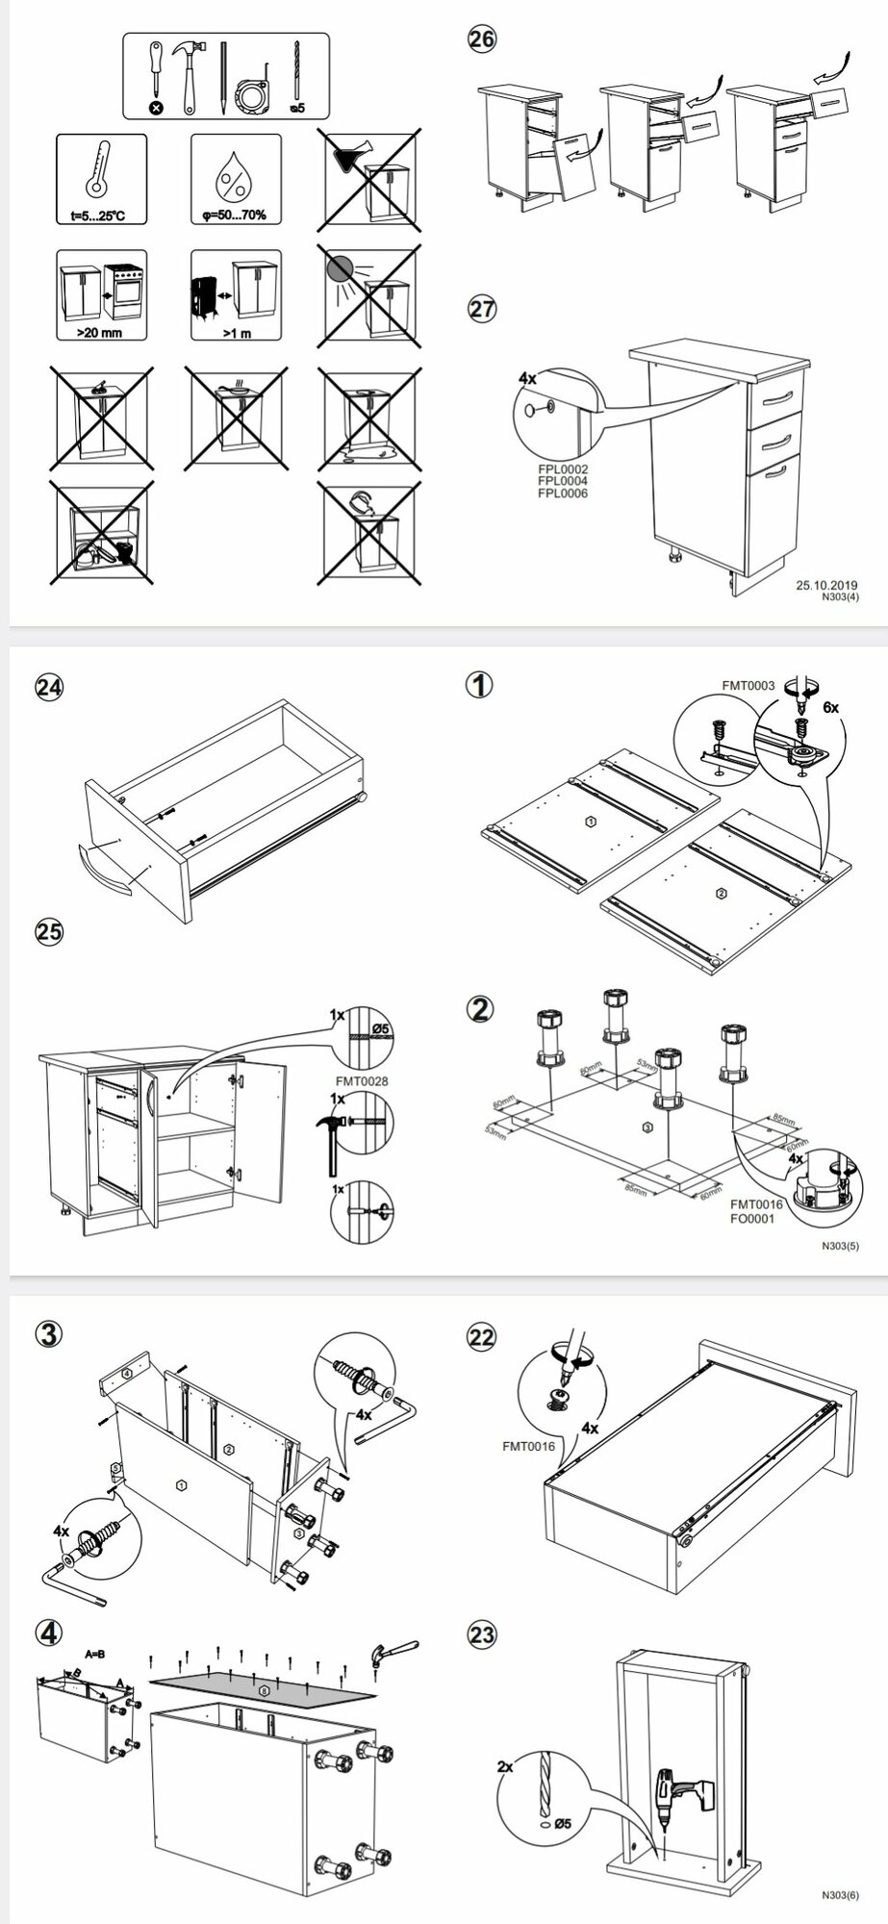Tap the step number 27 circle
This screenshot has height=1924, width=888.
482,310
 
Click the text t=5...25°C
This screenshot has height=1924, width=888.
100,215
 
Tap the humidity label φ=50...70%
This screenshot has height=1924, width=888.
235,215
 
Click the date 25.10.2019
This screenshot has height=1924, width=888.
826,584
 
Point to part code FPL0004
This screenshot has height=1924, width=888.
563,481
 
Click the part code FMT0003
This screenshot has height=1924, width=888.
748,686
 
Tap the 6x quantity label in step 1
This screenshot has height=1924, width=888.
828,707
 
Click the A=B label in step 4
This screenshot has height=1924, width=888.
95,1654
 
